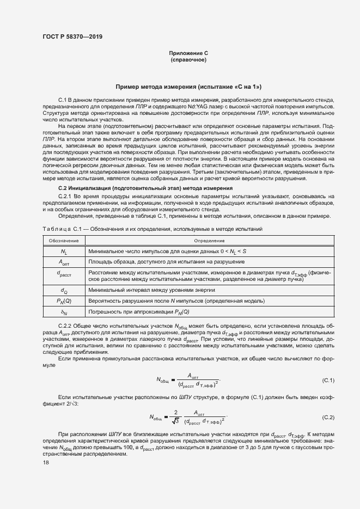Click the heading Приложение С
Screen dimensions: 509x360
pyautogui.click(x=188, y=52)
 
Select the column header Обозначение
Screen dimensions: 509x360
pyautogui.click(x=64, y=241)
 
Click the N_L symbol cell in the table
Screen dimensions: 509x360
pyautogui.click(x=64, y=252)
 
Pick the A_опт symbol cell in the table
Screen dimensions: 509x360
pyautogui.click(x=64, y=262)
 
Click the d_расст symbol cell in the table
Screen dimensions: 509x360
pyautogui.click(x=64, y=275)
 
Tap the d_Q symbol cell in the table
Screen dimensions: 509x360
pyautogui.click(x=64, y=290)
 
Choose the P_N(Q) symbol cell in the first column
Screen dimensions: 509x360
pyautogui.click(x=64, y=301)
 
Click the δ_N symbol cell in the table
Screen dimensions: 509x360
pyautogui.click(x=64, y=312)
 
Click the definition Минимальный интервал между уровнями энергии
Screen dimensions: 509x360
pyautogui.click(x=151, y=290)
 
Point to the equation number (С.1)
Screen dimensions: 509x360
pyautogui.click(x=328, y=379)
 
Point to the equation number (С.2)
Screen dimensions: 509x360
pyautogui.click(x=328, y=417)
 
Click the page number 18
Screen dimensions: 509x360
pyautogui.click(x=46, y=462)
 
